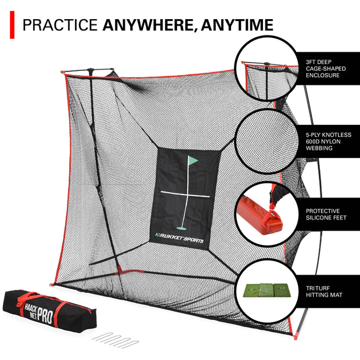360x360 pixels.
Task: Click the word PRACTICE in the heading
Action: pyautogui.click(x=60, y=25)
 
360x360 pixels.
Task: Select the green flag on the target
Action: pyautogui.click(x=192, y=160)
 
